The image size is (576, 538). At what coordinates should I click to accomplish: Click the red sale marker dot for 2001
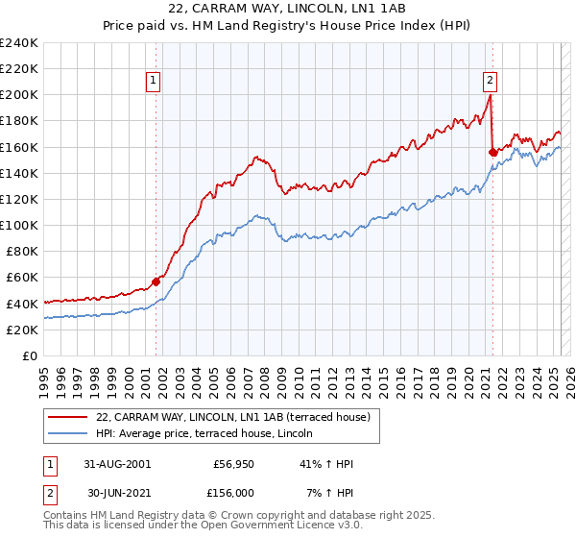[x=156, y=281]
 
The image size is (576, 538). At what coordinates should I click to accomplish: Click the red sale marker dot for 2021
[x=492, y=152]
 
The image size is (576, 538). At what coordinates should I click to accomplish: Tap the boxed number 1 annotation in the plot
[x=154, y=81]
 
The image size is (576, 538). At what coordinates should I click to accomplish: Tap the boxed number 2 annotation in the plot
[x=490, y=81]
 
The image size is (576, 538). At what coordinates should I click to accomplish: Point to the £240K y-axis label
[x=19, y=43]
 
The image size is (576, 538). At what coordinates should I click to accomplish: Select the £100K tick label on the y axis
[x=19, y=225]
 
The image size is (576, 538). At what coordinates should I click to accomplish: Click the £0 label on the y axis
[x=30, y=355]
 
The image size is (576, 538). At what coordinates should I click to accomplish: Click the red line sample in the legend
[x=67, y=416]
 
